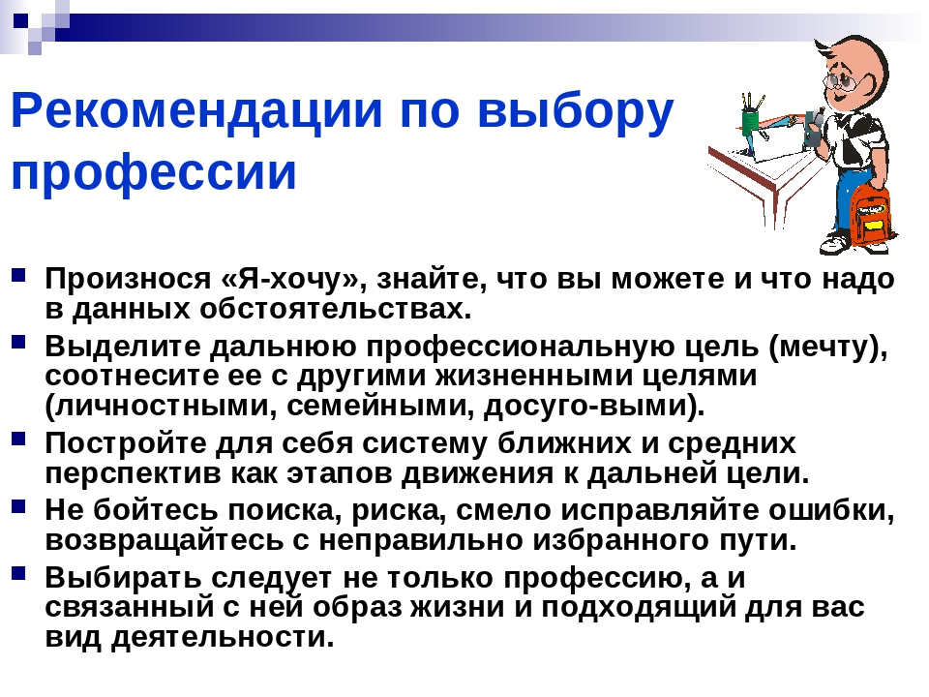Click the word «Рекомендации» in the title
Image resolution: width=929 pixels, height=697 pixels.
(196, 110)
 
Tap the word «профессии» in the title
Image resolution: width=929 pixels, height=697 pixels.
(154, 172)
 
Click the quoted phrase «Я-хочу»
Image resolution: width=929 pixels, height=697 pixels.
(293, 278)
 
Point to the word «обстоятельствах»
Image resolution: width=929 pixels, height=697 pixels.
(335, 309)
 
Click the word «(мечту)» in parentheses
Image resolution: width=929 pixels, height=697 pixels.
(827, 347)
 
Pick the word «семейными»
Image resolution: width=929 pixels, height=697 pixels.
(380, 406)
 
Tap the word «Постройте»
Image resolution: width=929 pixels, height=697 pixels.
(125, 443)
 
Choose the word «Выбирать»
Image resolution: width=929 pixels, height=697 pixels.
(123, 578)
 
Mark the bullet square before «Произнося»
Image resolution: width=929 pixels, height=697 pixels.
(18, 276)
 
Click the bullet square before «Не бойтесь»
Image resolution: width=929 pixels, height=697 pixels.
(18, 506)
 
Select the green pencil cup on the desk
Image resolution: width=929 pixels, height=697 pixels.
(751, 119)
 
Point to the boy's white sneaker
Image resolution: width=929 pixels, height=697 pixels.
(836, 243)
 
